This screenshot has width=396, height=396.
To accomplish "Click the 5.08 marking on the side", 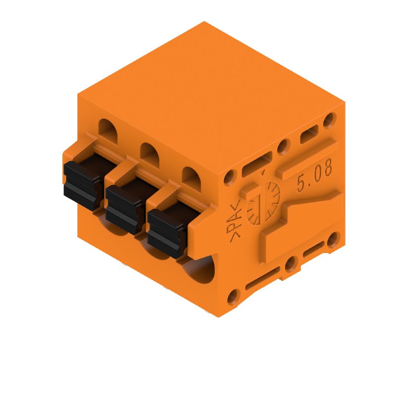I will pos(314,176).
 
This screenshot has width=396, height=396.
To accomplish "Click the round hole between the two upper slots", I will pos(283,146).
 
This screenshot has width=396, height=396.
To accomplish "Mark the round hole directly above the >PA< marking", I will pos(230,177).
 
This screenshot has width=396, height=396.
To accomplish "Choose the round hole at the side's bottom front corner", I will pos(231,297).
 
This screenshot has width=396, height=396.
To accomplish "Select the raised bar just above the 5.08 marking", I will pos(307,157).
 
